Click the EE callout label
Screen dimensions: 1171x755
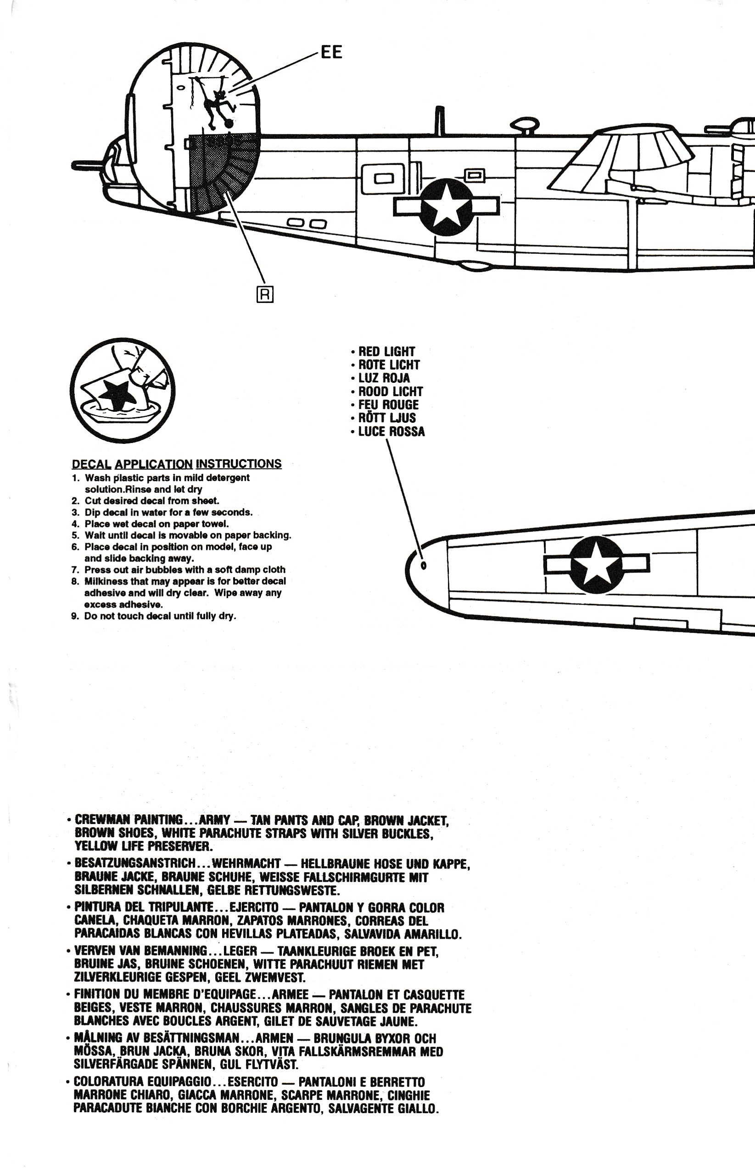click(x=331, y=52)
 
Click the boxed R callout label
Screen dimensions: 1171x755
click(x=265, y=295)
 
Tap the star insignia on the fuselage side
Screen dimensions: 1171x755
click(x=446, y=207)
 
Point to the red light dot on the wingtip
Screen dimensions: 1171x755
click(x=424, y=566)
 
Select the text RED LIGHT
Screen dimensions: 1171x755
click(x=386, y=352)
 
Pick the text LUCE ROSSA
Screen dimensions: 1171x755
click(x=391, y=431)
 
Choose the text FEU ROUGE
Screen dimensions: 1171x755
click(x=388, y=405)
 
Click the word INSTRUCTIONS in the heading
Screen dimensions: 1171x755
click(x=239, y=464)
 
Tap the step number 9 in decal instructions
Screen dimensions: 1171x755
click(x=74, y=616)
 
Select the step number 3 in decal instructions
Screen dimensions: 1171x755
click(x=75, y=512)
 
